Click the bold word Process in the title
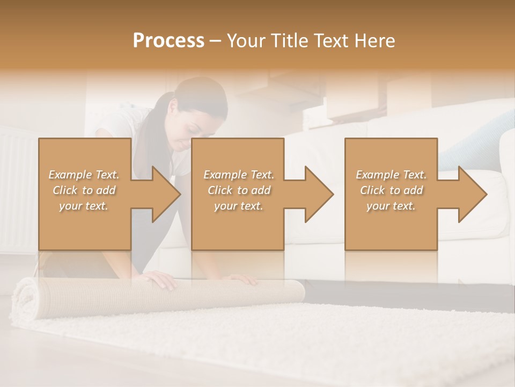pyautogui.click(x=168, y=41)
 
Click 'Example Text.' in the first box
pyautogui.click(x=84, y=175)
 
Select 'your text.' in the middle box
pyautogui.click(x=238, y=206)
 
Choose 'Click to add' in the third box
pyautogui.click(x=391, y=190)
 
